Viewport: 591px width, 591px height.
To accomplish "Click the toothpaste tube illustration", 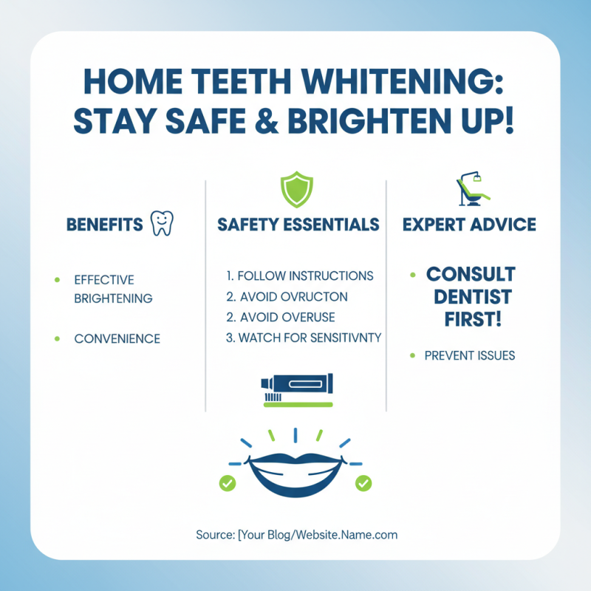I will coord(296,385).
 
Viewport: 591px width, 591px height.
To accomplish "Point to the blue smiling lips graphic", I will coord(295,473).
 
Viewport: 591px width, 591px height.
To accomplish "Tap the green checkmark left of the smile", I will coord(228,484).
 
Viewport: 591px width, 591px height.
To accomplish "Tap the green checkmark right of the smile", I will coord(363,484).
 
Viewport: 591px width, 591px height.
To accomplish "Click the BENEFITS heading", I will coord(104,225).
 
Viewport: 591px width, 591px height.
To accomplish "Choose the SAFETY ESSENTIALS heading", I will coord(298,225).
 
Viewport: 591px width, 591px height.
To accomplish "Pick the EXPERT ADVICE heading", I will coord(469,225).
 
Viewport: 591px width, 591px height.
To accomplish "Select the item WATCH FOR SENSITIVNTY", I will coord(303,338).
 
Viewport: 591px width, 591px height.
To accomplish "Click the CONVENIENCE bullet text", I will coord(117,339).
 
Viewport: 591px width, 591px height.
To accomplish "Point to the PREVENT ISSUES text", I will coord(470,355).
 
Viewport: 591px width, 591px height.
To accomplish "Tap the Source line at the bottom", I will coord(297,534).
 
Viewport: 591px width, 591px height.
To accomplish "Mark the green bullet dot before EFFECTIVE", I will coord(57,280).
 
